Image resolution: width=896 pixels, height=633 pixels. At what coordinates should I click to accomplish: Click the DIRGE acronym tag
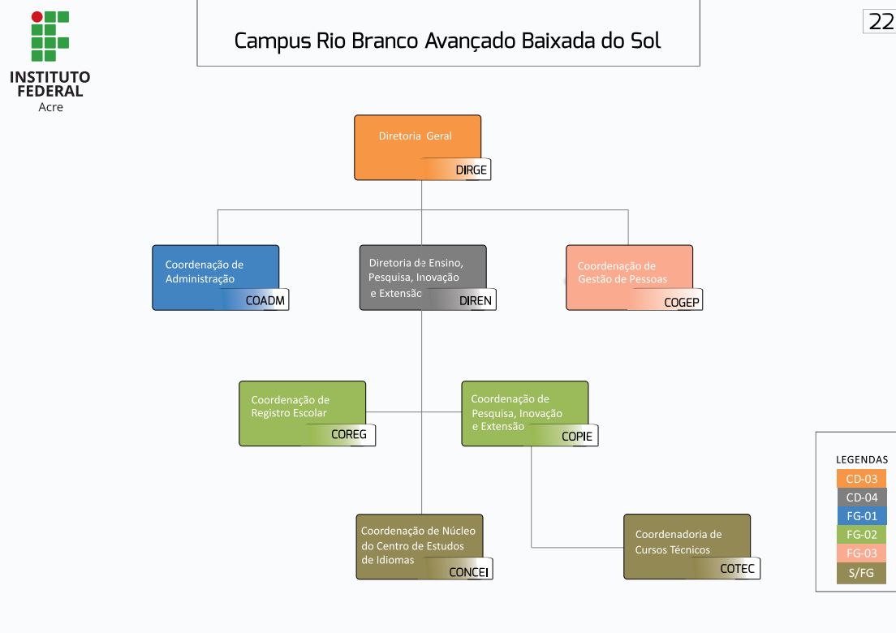tap(471, 170)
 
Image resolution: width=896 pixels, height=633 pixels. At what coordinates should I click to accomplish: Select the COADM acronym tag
tap(265, 300)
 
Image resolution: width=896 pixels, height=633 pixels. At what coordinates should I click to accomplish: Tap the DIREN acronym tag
tap(476, 300)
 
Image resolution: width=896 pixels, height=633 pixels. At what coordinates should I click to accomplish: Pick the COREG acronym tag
tap(349, 434)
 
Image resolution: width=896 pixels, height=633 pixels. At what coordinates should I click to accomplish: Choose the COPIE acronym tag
tap(577, 436)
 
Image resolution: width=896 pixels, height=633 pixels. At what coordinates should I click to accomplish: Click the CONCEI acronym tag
tap(469, 571)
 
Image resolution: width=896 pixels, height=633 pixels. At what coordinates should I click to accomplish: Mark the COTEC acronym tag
tap(737, 569)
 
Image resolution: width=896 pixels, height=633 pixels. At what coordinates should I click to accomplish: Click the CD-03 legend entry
tap(861, 479)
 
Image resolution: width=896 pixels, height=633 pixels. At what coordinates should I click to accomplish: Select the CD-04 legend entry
tap(861, 497)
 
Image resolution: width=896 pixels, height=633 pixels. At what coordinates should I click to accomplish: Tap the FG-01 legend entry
tap(861, 516)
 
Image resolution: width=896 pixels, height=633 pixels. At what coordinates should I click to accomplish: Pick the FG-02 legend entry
tap(861, 535)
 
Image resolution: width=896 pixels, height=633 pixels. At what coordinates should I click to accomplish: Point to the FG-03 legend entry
tap(861, 553)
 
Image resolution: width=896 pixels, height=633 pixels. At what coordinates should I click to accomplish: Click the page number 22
tap(881, 22)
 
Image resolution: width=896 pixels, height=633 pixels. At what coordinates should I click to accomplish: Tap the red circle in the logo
tap(37, 16)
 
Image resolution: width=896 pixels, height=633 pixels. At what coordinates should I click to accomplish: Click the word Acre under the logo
tap(50, 107)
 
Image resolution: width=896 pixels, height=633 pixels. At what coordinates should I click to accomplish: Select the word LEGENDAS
tap(862, 459)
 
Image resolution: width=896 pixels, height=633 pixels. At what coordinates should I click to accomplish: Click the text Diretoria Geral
tap(415, 136)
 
